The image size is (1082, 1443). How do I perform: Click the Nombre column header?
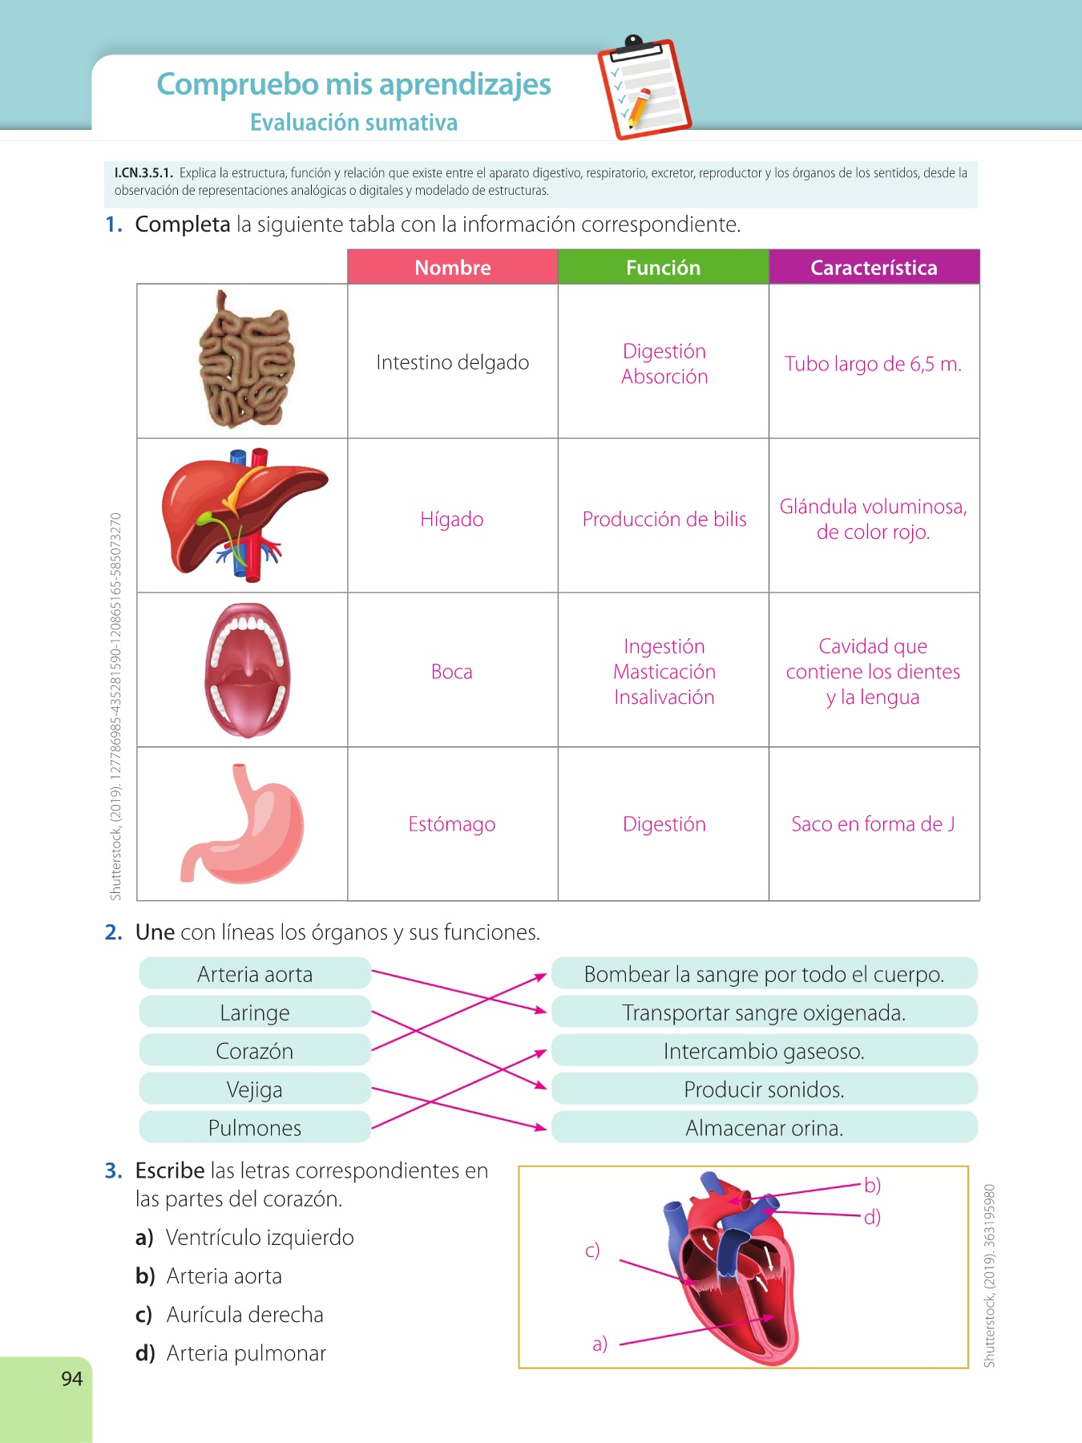[x=452, y=268]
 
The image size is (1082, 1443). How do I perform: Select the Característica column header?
[x=874, y=268]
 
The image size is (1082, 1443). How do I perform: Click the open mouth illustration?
[x=246, y=669]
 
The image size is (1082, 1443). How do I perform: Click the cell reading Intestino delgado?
[x=452, y=362]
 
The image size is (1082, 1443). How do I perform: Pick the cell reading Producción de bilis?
[x=664, y=519]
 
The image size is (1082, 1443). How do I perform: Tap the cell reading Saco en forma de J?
[x=873, y=824]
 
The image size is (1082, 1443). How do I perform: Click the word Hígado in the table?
[x=452, y=519]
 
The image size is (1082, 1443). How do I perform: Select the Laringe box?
[x=255, y=1013]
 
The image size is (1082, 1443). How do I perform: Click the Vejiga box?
[x=255, y=1089]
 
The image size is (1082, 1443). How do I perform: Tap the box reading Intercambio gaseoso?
[x=764, y=1051]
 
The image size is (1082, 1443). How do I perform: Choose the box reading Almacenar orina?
[x=764, y=1128]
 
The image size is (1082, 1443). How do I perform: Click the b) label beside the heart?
[x=872, y=1185]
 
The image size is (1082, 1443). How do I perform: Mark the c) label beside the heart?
[x=592, y=1250]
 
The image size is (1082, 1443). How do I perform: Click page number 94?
[x=72, y=1378]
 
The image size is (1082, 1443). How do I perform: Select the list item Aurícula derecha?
[x=244, y=1315]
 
